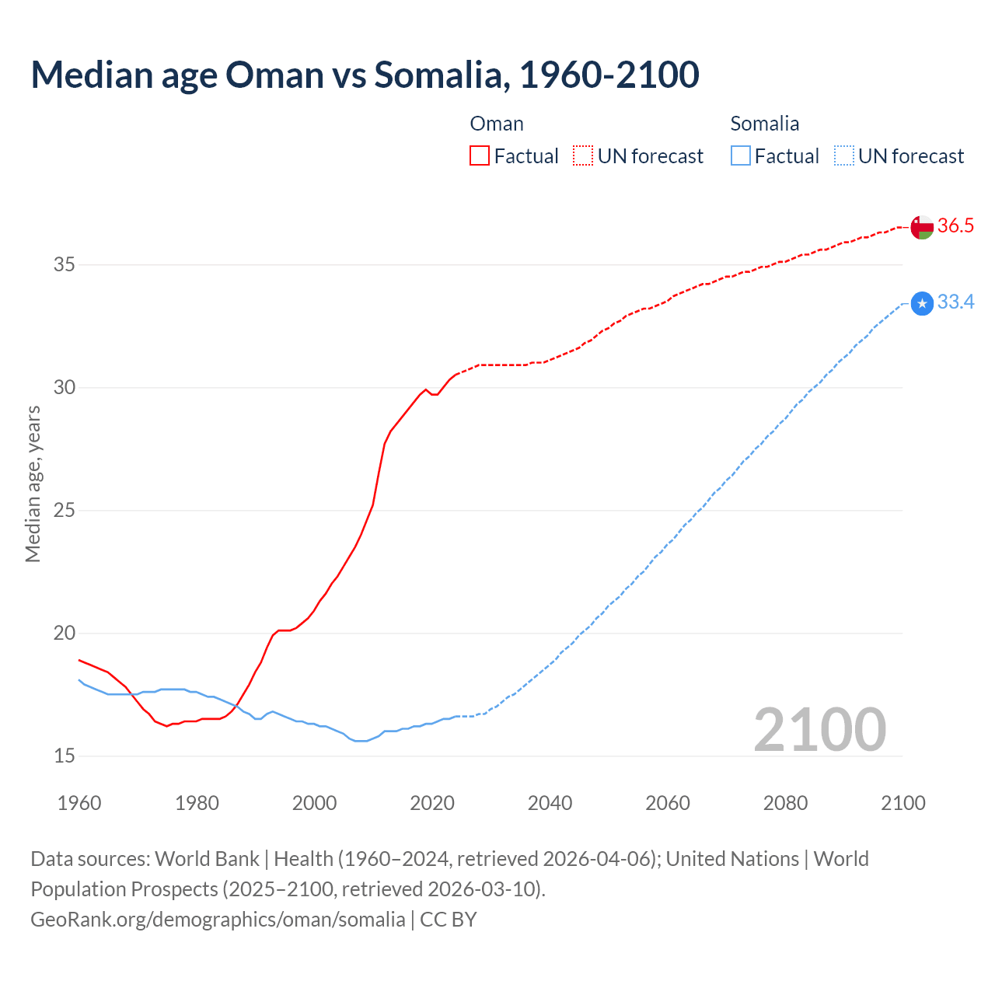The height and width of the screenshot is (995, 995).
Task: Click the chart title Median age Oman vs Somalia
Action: [365, 75]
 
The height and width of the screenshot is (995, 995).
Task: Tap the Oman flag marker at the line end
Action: [922, 227]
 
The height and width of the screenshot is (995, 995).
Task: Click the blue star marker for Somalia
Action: [922, 303]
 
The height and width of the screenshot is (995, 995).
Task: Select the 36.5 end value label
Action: [955, 226]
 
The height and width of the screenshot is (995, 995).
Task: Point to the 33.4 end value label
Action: [955, 302]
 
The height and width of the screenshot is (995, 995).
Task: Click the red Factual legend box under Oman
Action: [480, 156]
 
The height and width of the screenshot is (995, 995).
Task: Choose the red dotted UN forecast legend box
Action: [583, 156]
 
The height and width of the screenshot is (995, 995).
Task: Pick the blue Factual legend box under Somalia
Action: [741, 156]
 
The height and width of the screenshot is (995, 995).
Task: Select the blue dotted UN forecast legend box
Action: [844, 156]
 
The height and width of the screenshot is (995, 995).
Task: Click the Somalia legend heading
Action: [764, 124]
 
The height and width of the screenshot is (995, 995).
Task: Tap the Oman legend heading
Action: [497, 124]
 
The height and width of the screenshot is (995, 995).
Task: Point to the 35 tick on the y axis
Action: [64, 265]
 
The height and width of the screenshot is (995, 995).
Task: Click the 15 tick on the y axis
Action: [64, 756]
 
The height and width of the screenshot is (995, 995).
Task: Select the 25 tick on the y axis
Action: [64, 511]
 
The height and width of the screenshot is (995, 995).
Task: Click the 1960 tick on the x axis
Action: [79, 803]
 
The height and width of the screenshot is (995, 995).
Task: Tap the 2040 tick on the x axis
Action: [550, 803]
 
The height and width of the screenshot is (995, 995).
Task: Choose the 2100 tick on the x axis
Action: [902, 803]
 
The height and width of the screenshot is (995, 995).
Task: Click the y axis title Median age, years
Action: [33, 484]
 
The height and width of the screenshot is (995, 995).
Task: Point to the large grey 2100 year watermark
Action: [819, 730]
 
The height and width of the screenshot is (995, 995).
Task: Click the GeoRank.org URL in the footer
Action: [218, 920]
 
